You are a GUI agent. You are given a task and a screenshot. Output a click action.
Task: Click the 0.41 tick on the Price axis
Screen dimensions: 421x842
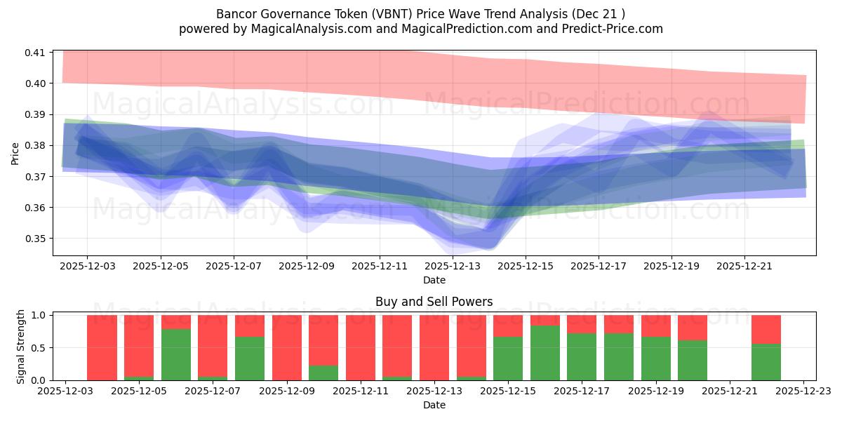click(35, 53)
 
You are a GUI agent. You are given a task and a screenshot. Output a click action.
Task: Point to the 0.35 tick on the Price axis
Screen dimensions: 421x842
click(35, 239)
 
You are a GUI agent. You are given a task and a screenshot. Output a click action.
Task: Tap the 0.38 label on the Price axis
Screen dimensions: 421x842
click(35, 145)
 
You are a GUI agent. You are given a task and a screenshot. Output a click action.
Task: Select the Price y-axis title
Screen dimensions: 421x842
click(15, 153)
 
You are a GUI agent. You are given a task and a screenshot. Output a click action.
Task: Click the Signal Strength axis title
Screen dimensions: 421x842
click(21, 346)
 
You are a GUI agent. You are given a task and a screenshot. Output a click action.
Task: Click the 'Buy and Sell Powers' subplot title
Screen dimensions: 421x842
click(434, 302)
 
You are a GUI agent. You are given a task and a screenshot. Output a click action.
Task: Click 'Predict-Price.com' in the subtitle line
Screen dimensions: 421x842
click(613, 29)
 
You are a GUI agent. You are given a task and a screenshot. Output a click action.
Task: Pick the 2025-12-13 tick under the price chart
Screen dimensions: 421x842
click(453, 267)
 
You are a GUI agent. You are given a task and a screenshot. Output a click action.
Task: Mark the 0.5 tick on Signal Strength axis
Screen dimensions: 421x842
click(39, 347)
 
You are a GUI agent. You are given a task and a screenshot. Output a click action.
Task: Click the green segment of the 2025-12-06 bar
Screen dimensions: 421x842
click(176, 354)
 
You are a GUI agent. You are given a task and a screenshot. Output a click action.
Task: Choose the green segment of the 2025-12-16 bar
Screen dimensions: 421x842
click(545, 352)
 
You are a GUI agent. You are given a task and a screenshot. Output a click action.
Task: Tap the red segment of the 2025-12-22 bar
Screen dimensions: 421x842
click(766, 329)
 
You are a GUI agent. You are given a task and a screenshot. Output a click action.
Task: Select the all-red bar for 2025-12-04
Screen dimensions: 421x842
click(102, 347)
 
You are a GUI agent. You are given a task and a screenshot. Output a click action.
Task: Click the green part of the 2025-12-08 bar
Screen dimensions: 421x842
click(250, 358)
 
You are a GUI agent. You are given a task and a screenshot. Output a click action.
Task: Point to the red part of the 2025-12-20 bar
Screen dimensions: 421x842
click(693, 327)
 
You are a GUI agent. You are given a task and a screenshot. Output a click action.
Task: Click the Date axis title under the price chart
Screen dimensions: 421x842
click(434, 280)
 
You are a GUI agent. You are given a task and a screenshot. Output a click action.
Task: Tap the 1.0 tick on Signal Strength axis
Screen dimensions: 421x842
click(39, 315)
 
